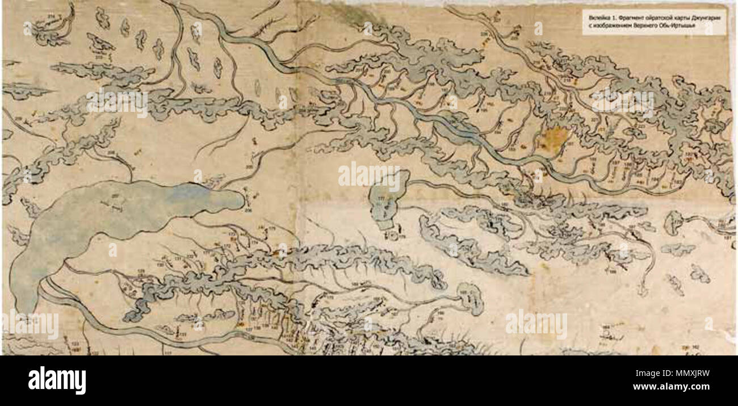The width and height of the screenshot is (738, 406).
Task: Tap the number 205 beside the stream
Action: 249,166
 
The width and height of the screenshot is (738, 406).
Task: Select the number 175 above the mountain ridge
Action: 271,229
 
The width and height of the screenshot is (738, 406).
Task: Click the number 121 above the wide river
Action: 182,334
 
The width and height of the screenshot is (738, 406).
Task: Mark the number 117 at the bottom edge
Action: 167,352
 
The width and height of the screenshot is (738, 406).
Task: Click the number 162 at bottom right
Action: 695,346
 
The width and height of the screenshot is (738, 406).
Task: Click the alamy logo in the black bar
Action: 57,380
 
